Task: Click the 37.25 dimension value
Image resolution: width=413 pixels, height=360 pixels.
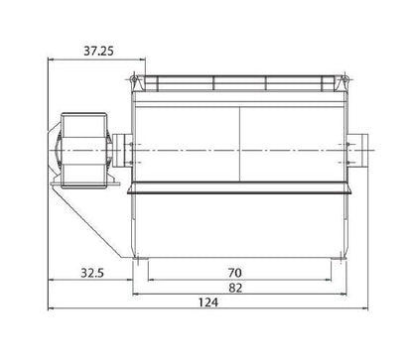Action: coord(98,51)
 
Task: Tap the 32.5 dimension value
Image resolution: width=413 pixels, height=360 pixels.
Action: coord(92,273)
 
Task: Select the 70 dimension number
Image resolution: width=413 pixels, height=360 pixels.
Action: coord(235,273)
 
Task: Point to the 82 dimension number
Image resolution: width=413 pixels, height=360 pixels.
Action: coord(235,288)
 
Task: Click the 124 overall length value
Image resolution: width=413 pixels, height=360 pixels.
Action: coord(208,302)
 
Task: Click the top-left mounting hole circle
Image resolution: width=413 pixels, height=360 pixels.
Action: coord(133,79)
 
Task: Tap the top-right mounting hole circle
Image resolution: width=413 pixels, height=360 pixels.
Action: coord(344,79)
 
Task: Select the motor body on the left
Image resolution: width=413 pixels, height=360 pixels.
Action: coord(83,151)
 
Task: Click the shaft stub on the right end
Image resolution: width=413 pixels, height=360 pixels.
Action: coord(357,151)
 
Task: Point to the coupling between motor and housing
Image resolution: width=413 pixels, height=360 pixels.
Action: coord(122,151)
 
